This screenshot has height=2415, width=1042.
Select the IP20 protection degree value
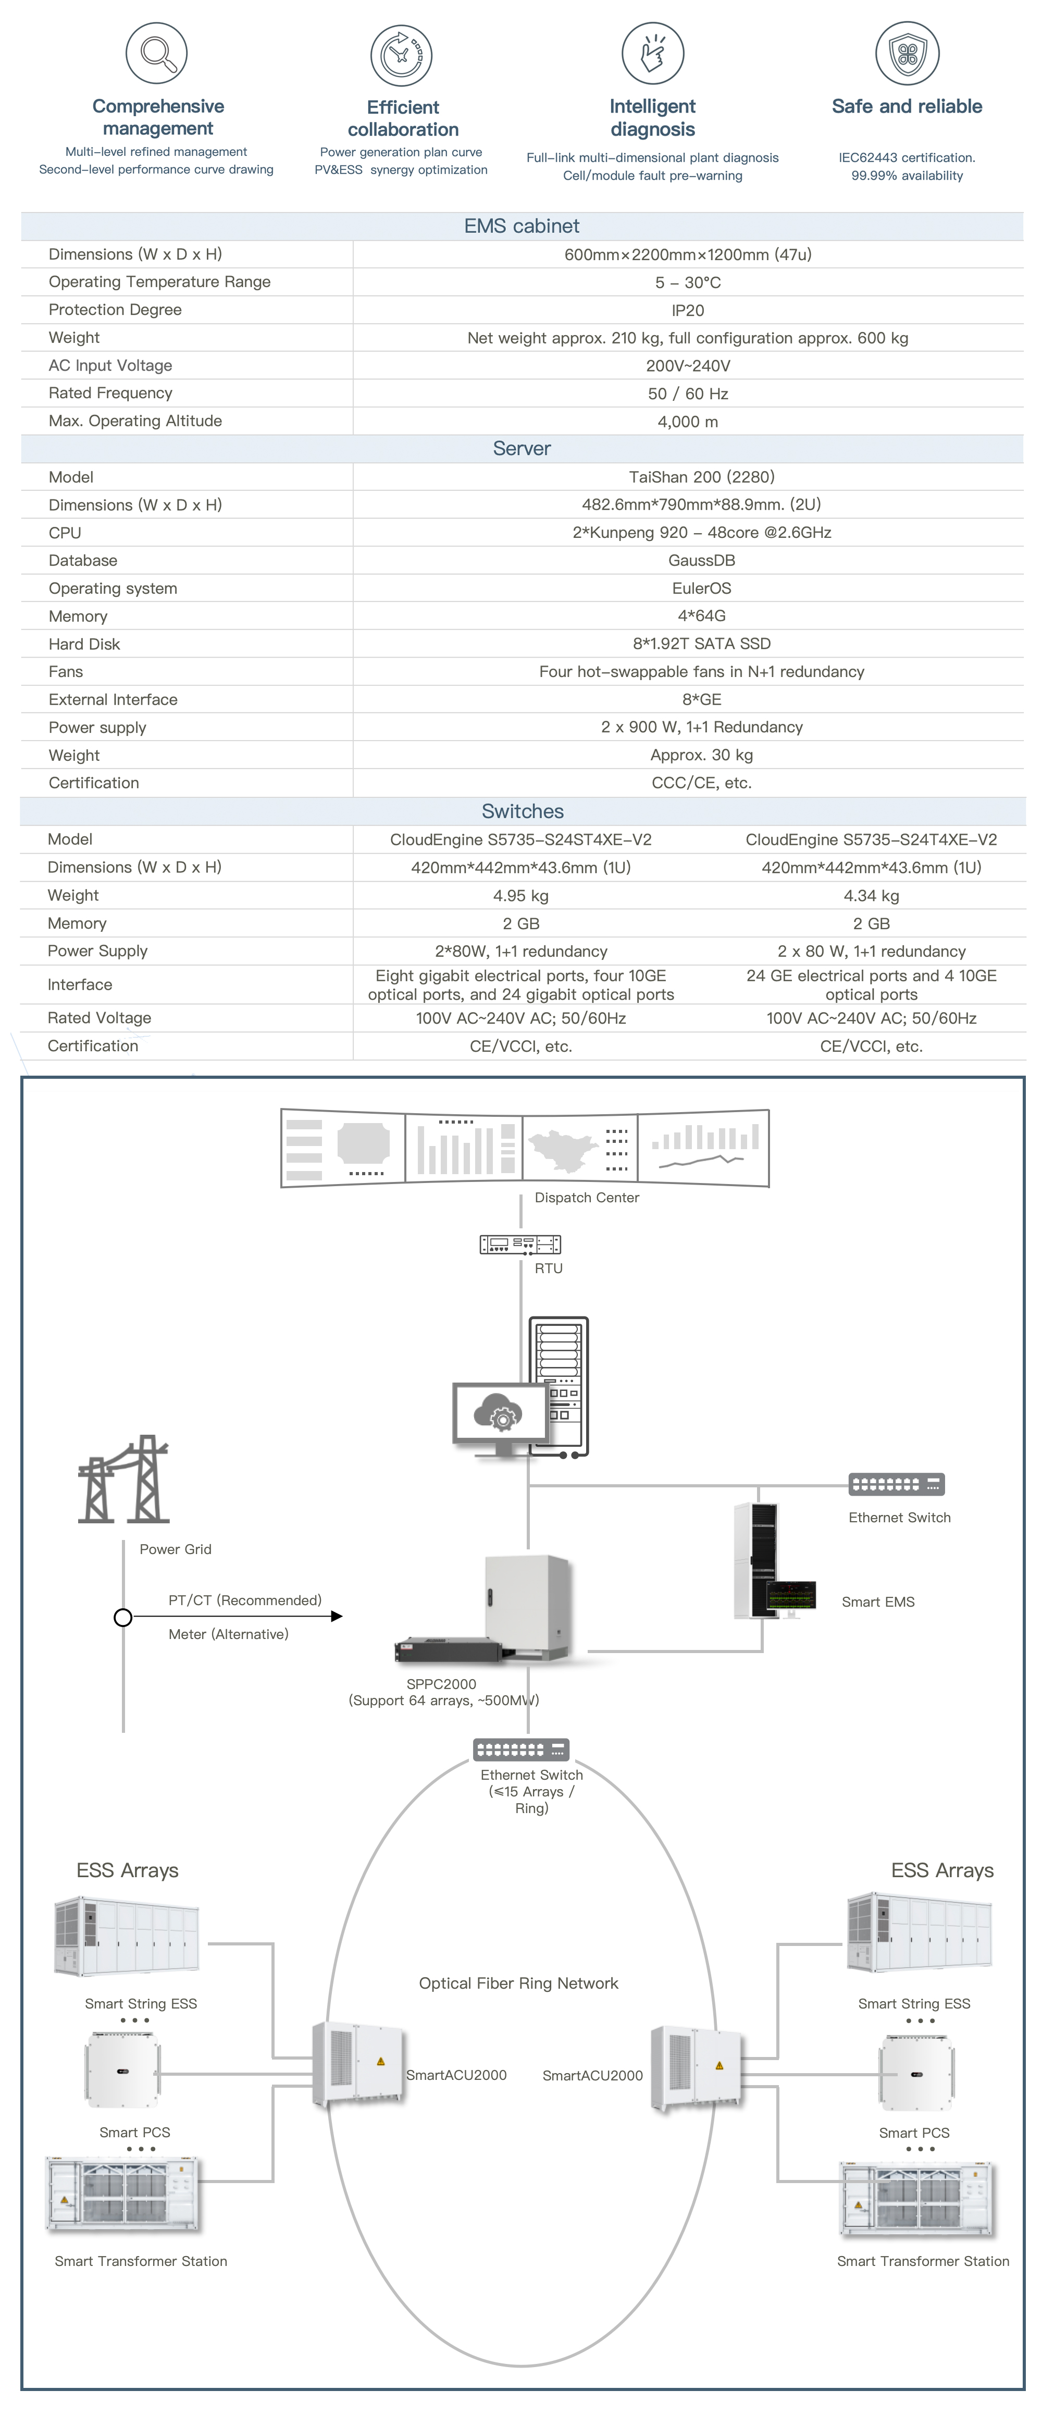pyautogui.click(x=688, y=310)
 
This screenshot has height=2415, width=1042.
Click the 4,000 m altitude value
pyautogui.click(x=688, y=422)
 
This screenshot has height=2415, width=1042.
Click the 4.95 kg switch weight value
pyautogui.click(x=521, y=895)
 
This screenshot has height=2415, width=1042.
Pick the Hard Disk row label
pyautogui.click(x=84, y=644)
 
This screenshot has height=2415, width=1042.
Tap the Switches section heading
pyautogui.click(x=522, y=811)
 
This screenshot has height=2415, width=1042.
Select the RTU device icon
pyautogui.click(x=520, y=1244)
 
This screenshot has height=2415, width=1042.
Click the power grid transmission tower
pyautogui.click(x=123, y=1480)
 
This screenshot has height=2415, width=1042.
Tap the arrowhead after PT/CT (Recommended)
pyautogui.click(x=337, y=1616)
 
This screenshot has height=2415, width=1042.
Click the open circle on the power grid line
pyautogui.click(x=123, y=1617)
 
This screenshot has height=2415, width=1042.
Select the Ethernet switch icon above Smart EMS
pyautogui.click(x=896, y=1484)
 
